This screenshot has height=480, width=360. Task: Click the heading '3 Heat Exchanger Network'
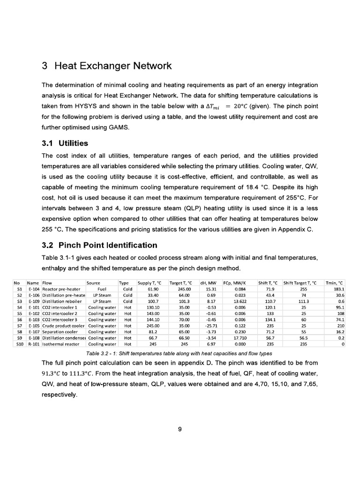tap(107, 66)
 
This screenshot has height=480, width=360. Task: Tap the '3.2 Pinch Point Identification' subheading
tap(99, 245)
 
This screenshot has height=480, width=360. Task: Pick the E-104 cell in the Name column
tap(34, 289)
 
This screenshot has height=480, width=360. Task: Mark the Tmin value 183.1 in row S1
tap(338, 289)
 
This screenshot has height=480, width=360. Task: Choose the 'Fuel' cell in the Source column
tap(103, 289)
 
